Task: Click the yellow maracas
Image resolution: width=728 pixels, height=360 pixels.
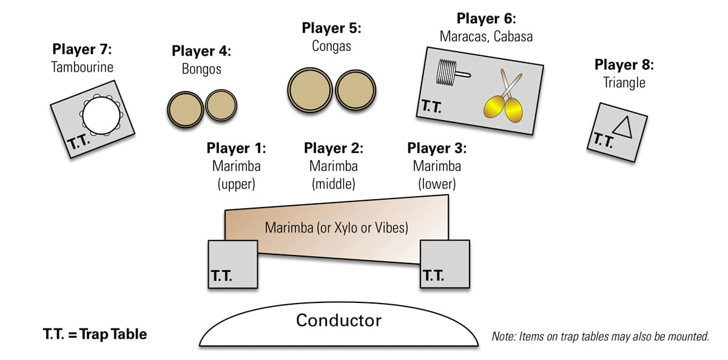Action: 503,103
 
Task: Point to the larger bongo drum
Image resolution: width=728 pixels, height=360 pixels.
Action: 185,109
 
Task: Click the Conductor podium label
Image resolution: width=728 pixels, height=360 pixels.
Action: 339,321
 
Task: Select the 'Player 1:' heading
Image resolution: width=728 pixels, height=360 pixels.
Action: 236,148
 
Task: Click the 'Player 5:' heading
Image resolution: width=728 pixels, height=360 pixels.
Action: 331,28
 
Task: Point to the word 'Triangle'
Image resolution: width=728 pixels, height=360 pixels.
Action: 624,83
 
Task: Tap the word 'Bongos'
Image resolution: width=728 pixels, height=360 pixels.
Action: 201,69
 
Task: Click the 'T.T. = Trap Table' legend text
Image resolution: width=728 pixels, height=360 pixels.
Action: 95,335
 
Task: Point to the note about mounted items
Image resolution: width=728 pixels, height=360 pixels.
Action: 600,336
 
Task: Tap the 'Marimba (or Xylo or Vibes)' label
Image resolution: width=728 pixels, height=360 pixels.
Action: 337,228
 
